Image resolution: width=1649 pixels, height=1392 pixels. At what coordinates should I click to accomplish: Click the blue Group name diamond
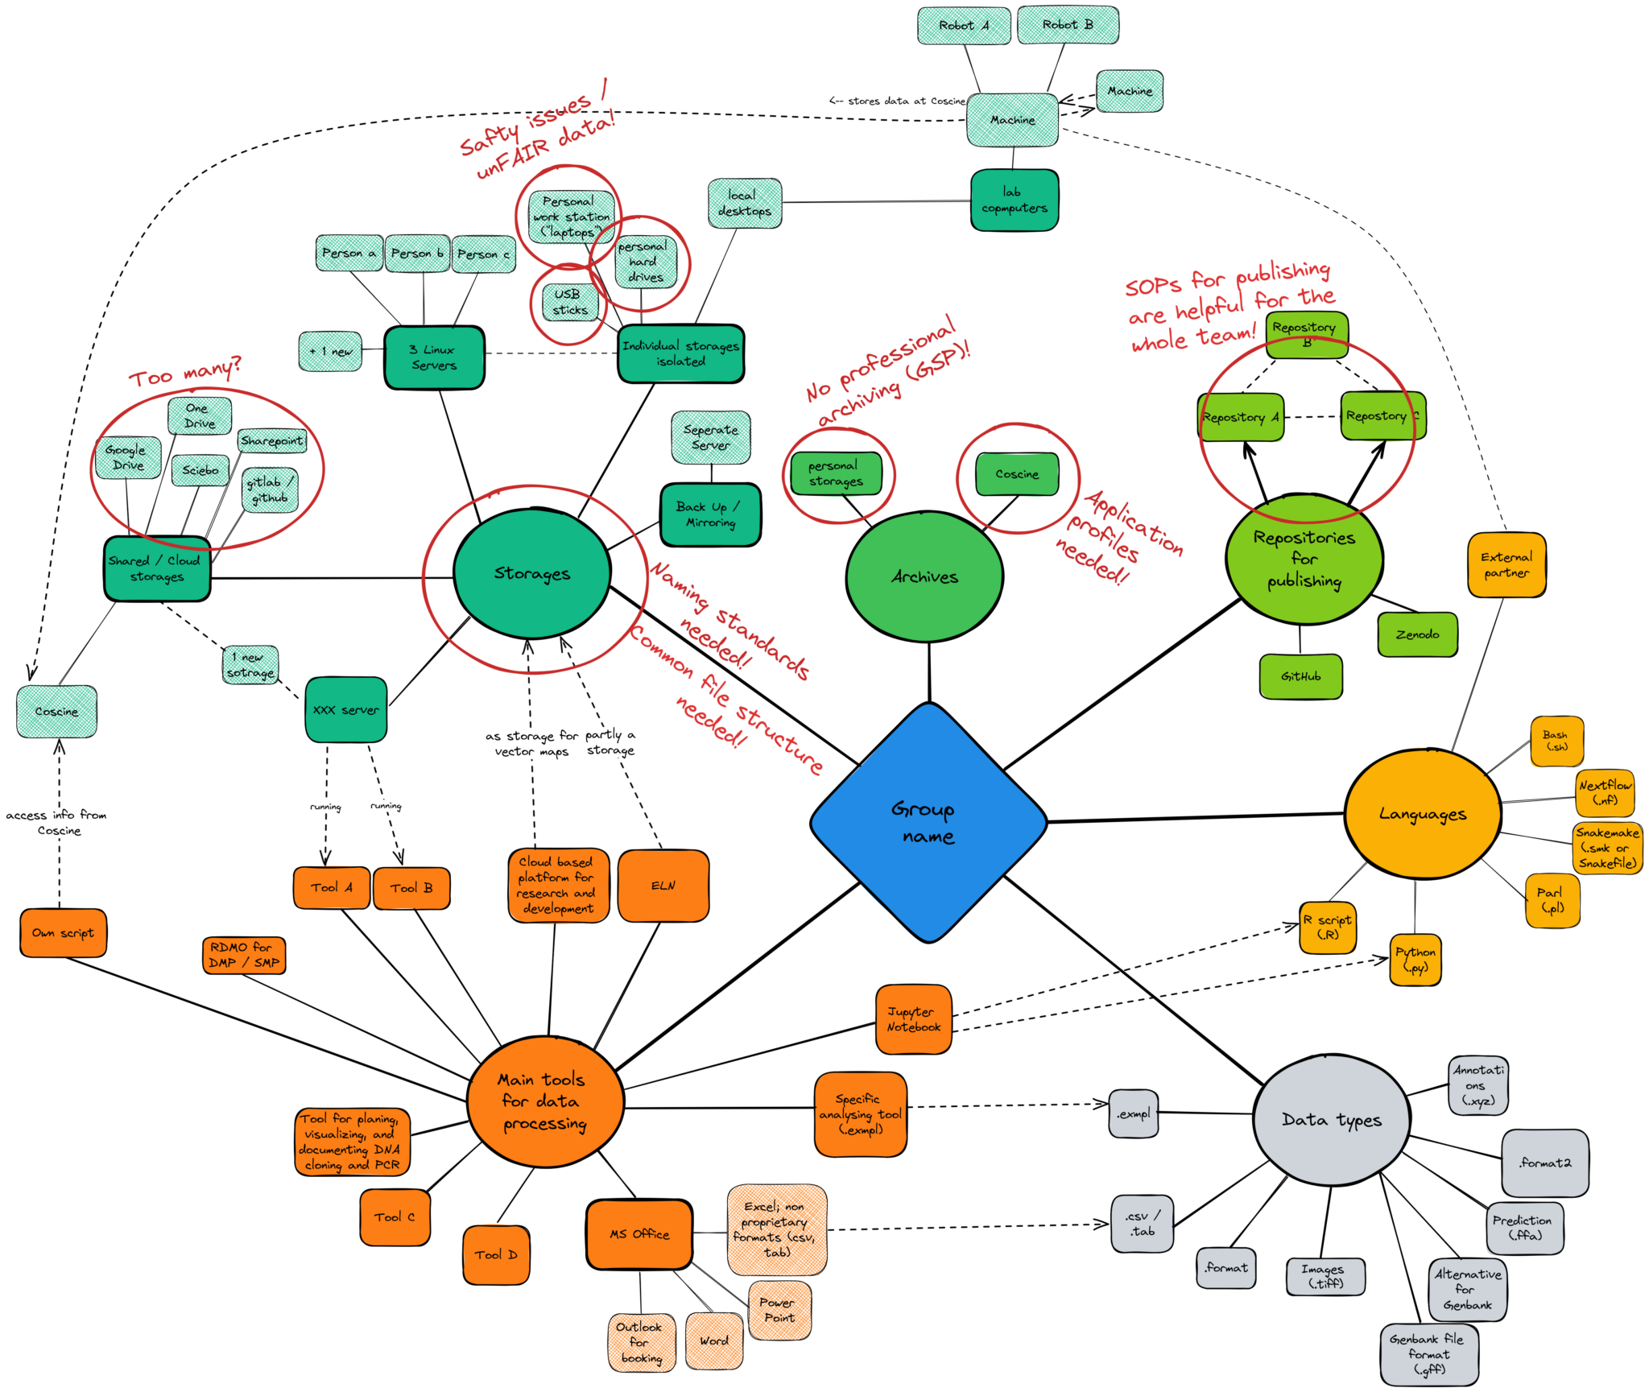(928, 823)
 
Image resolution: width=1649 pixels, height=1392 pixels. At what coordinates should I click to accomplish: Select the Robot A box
(963, 26)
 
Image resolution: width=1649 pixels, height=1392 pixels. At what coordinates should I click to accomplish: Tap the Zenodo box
(1416, 634)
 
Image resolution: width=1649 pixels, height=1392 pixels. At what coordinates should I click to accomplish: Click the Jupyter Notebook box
(913, 1019)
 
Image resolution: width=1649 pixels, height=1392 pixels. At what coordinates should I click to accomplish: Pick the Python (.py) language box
(1415, 960)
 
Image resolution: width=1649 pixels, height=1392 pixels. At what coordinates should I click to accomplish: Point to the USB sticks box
(569, 302)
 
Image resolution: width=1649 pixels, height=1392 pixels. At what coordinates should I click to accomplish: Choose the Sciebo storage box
(200, 470)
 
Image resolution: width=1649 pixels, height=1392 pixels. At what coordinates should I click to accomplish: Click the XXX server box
(345, 710)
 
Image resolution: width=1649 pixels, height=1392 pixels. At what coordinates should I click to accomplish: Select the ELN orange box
(663, 886)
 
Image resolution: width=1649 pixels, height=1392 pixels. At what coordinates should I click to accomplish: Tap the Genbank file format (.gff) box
(1428, 1354)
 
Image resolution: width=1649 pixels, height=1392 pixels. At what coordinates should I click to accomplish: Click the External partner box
(1506, 565)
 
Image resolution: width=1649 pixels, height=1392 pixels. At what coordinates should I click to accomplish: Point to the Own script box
(63, 933)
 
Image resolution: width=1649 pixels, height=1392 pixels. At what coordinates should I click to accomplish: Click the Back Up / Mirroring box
(710, 514)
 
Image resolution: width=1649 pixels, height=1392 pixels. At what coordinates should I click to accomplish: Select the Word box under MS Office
(713, 1340)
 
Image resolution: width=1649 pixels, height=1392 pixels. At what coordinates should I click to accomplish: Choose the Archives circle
(924, 576)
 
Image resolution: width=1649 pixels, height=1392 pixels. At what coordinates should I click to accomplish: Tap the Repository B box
(1305, 334)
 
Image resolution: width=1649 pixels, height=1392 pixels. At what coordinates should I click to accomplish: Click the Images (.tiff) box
(1325, 1276)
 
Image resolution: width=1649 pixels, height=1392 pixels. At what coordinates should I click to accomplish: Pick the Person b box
(417, 254)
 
